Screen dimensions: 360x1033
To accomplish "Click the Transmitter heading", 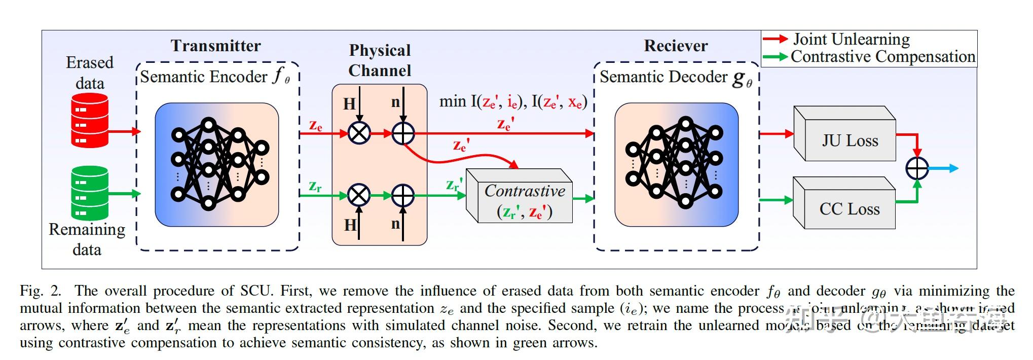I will click(x=216, y=46).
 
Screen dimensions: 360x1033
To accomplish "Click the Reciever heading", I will click(x=676, y=46).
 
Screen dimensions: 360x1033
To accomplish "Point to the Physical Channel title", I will click(x=380, y=60).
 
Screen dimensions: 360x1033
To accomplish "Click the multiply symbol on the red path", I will click(x=359, y=133).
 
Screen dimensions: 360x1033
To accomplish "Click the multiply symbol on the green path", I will click(x=359, y=195).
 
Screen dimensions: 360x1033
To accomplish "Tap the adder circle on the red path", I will click(x=403, y=133).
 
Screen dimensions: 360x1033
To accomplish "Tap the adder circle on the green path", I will click(x=403, y=195).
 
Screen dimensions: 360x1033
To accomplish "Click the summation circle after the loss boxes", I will click(x=917, y=168).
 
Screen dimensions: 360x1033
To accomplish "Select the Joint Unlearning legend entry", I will click(x=851, y=39).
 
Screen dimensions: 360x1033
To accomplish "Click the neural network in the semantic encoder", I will click(x=217, y=164).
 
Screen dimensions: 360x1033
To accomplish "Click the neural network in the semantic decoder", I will click(x=676, y=164).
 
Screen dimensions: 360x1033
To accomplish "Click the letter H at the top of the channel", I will click(x=349, y=104).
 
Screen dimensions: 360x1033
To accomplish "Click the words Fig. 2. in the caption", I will click(x=40, y=291).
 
